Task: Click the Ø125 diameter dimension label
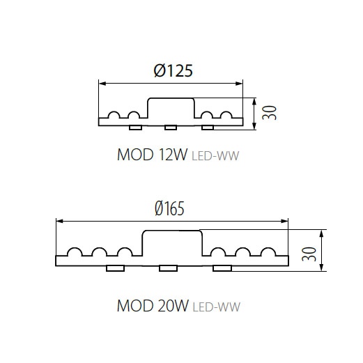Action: coord(173,70)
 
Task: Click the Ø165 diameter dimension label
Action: coord(169,208)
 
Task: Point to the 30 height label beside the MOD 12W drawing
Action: coord(269,113)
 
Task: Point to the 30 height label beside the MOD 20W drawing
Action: coord(309,254)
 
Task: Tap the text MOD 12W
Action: coord(152,155)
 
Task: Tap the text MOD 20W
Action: coord(153,306)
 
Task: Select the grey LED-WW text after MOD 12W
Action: coord(215,155)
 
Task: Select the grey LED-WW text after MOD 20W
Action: coord(217,307)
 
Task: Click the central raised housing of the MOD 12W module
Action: coord(171,98)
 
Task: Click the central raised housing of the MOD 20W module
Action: coord(172,231)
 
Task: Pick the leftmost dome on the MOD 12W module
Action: coord(114,112)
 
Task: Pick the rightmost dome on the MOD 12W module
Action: coord(226,112)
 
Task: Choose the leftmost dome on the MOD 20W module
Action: coord(75,248)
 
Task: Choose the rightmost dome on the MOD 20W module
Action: coord(268,248)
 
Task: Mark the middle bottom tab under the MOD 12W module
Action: coord(171,128)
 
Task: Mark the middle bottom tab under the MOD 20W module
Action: coord(169,268)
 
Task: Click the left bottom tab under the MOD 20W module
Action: coord(115,268)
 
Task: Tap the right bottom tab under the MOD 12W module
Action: coord(208,128)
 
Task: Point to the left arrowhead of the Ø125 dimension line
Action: coord(102,84)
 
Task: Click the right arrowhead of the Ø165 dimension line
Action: coord(284,221)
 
